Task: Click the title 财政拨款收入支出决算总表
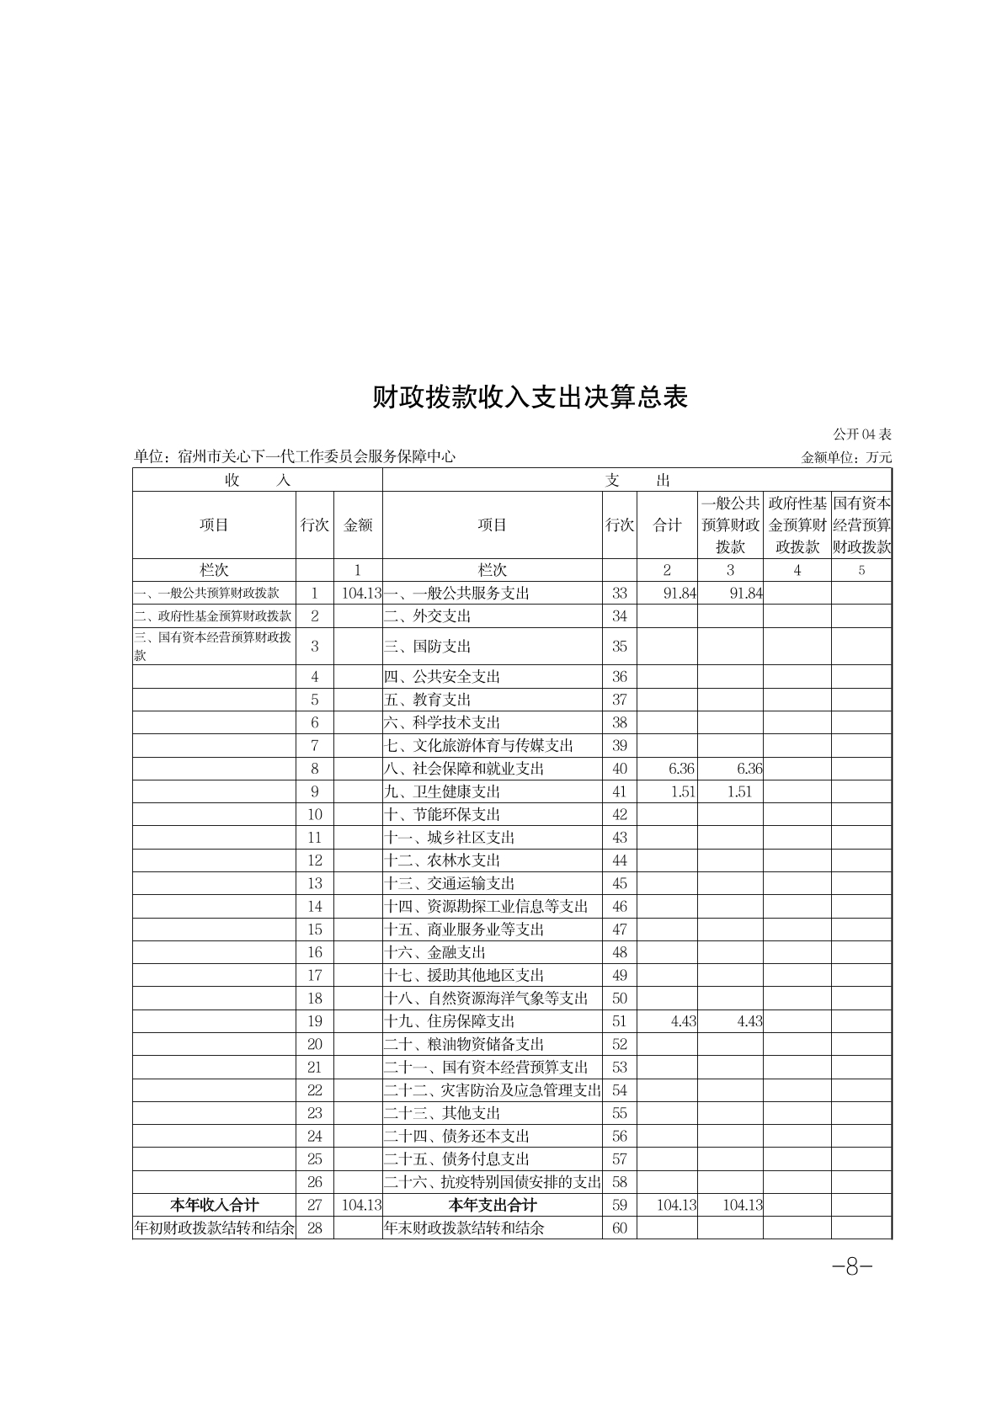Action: pos(530,397)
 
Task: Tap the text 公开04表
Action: pos(862,434)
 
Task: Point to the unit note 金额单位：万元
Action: pos(846,458)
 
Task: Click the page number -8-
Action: pos(851,1266)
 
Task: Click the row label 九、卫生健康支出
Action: pos(443,791)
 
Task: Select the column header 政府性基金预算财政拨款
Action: pos(797,525)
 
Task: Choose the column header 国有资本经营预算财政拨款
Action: pos(861,525)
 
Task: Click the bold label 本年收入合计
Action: pos(215,1205)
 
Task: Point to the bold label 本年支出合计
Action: pos(493,1205)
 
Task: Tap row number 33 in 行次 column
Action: pos(620,593)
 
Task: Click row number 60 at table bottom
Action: pos(620,1228)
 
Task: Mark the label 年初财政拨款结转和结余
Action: pos(215,1228)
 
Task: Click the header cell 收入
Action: pos(258,480)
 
